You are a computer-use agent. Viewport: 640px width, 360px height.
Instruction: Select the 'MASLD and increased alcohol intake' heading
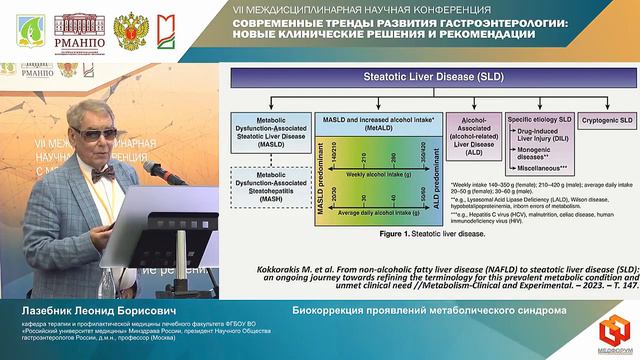tap(379, 119)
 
